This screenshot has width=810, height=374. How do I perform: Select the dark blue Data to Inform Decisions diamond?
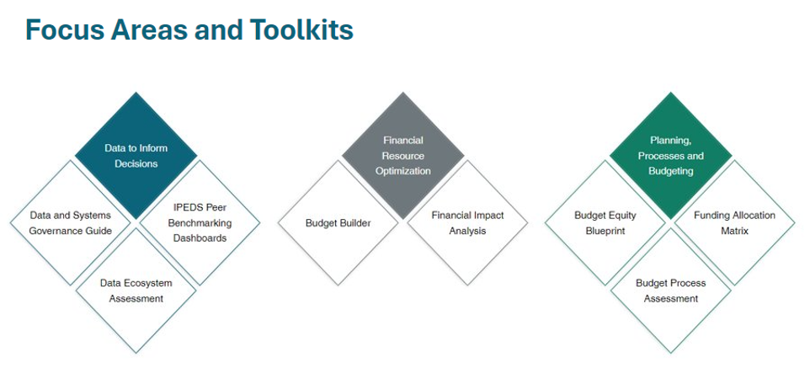point(136,156)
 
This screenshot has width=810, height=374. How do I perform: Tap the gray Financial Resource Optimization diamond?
point(403,156)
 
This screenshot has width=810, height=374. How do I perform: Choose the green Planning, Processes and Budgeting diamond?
point(670,156)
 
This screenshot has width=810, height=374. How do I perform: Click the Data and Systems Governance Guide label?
point(70,223)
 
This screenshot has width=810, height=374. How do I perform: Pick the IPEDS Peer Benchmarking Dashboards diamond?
point(200,222)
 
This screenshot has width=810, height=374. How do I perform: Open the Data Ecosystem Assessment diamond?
point(136,291)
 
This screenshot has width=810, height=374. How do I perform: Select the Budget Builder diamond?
point(338,222)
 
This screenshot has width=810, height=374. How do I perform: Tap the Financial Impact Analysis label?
point(467,223)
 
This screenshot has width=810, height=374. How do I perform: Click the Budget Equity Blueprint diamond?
point(605,222)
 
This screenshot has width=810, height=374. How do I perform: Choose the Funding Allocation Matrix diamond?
point(734,222)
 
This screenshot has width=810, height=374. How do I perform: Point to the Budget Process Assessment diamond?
point(670,291)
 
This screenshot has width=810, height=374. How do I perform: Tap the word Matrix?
point(734,231)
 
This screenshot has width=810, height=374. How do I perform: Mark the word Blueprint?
point(605,231)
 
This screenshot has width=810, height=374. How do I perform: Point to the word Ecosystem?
point(152,284)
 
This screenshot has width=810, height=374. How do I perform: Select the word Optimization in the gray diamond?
point(403,171)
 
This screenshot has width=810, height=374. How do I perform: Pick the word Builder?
point(354,223)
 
